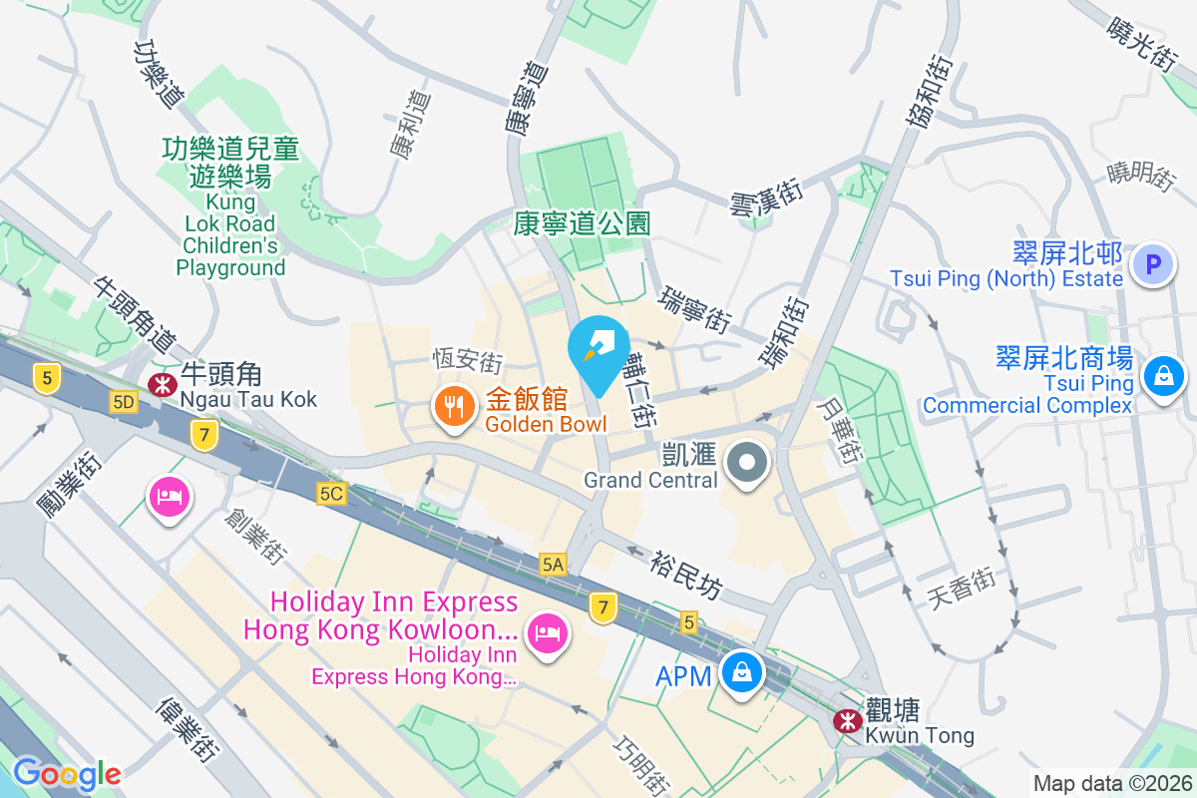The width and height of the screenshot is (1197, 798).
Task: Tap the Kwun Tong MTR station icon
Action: coord(848,719)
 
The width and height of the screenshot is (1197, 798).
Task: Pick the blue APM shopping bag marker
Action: coord(743,673)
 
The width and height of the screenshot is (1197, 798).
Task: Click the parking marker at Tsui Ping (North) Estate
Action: coord(1154,265)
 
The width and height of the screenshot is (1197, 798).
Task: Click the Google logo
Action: coord(67,774)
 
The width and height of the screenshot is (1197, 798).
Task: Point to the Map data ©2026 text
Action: coord(1111,783)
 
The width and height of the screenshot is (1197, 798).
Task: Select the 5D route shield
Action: coord(124,402)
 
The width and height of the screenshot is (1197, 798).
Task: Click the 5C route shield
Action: coord(332,494)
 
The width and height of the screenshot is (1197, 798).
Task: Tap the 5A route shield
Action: coord(554,565)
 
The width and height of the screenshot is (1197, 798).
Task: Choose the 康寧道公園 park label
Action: coord(583,222)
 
